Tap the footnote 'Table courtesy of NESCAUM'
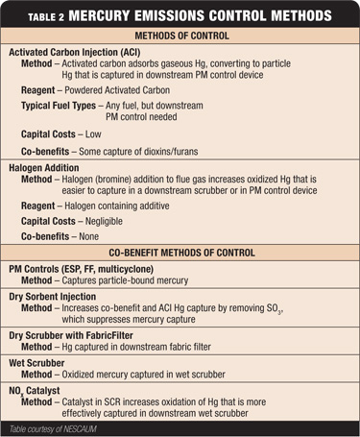pos(56,428)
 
